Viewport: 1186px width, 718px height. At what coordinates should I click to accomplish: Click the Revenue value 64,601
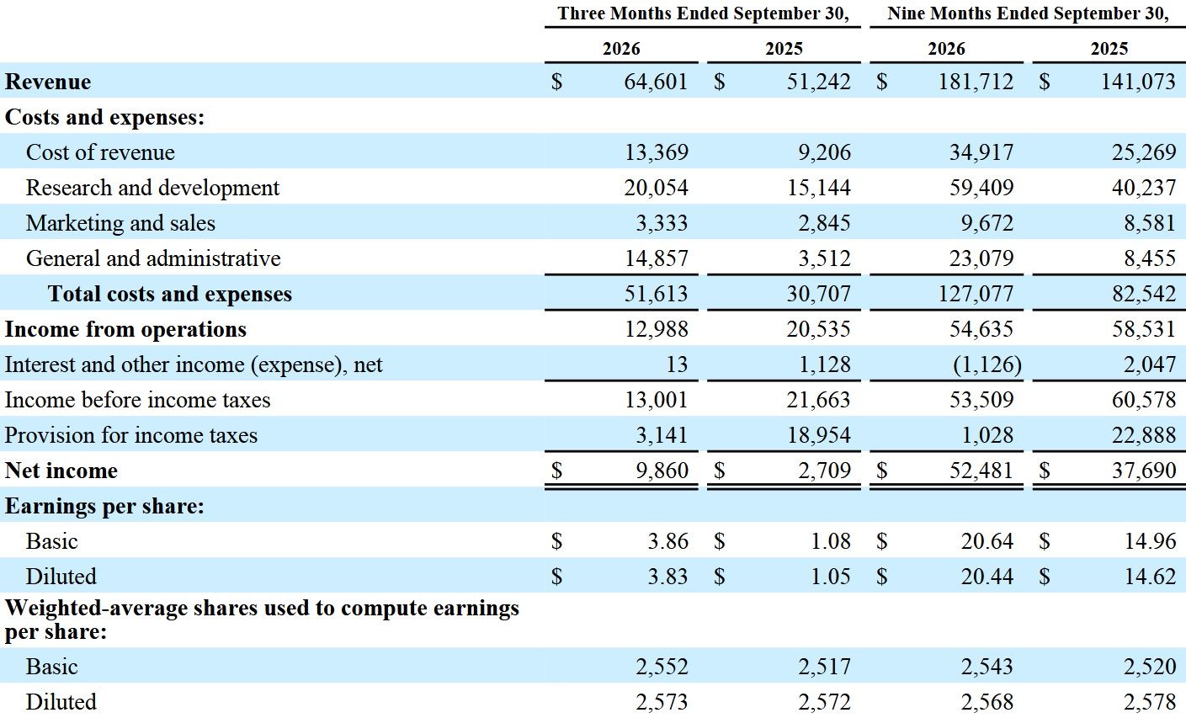pyautogui.click(x=656, y=82)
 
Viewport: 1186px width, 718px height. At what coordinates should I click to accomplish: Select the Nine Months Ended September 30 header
pyautogui.click(x=1028, y=13)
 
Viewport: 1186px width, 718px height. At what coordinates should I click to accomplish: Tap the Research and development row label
pyautogui.click(x=152, y=188)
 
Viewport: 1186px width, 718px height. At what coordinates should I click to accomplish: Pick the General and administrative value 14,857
pyautogui.click(x=657, y=258)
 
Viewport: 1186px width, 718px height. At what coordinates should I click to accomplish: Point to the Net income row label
pyautogui.click(x=61, y=471)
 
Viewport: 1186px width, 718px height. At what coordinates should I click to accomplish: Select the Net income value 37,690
pyautogui.click(x=1144, y=471)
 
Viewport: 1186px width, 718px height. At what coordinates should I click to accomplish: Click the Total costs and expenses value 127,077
pyautogui.click(x=976, y=294)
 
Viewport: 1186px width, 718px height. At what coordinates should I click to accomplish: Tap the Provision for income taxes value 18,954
pyautogui.click(x=818, y=435)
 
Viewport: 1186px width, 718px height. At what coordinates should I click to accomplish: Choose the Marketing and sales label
pyautogui.click(x=120, y=223)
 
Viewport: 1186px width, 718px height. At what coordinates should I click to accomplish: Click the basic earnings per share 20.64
pyautogui.click(x=987, y=541)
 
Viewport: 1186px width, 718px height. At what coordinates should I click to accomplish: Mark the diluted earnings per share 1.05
pyautogui.click(x=831, y=577)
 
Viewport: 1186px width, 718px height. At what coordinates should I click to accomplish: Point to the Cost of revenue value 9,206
pyautogui.click(x=824, y=152)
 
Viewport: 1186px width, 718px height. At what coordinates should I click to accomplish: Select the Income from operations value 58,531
pyautogui.click(x=1144, y=329)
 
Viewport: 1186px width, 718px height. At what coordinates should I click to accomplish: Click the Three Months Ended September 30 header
pyautogui.click(x=703, y=13)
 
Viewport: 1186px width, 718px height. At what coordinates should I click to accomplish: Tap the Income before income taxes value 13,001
pyautogui.click(x=657, y=400)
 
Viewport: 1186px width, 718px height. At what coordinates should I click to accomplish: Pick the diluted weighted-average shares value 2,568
pyautogui.click(x=987, y=702)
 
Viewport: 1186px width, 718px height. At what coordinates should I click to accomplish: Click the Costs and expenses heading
pyautogui.click(x=105, y=117)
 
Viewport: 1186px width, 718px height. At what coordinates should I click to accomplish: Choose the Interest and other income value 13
pyautogui.click(x=677, y=364)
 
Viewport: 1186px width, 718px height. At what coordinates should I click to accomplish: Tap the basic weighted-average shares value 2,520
pyautogui.click(x=1150, y=667)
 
